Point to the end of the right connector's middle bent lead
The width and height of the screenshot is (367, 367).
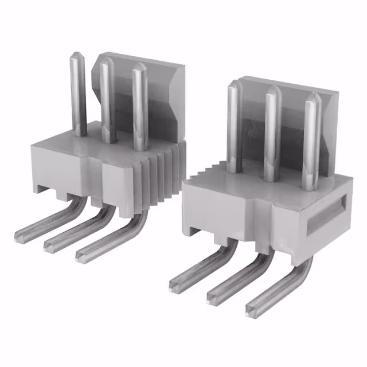point(213,296)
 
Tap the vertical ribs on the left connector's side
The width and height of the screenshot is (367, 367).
point(163,175)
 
